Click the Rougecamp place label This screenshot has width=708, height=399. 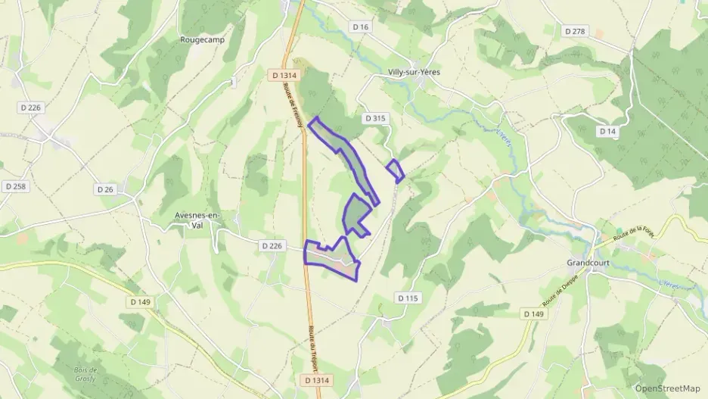pos(200,39)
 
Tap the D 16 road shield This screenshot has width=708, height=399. pos(361,26)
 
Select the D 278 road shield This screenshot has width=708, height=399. pos(576,31)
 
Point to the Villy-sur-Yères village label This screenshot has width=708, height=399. pos(413,72)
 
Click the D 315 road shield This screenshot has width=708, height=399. pos(374,118)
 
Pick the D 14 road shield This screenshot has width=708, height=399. pos(607,131)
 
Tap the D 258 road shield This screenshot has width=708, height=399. pos(15,186)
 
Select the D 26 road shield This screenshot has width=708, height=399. pos(105,189)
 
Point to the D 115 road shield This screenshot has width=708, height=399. pos(408,298)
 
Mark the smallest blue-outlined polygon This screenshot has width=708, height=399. pos(395,171)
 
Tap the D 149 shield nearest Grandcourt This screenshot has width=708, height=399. pos(533,313)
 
